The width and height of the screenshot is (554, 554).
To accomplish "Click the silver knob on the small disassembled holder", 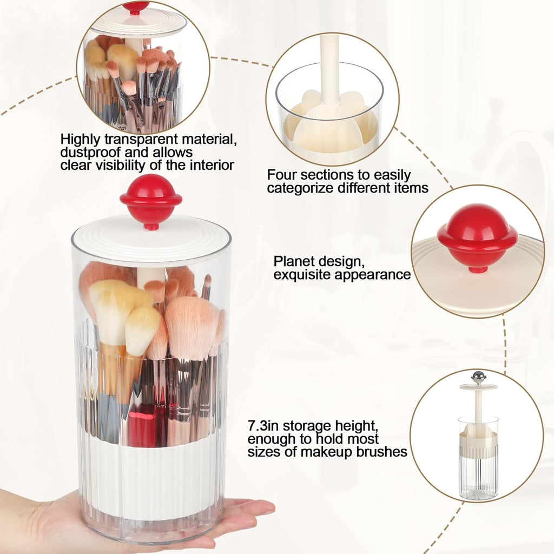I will pyautogui.click(x=478, y=376).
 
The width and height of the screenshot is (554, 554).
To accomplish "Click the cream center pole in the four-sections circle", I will pyautogui.click(x=329, y=70).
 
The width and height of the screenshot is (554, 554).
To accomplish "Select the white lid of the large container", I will pyautogui.click(x=151, y=238).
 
